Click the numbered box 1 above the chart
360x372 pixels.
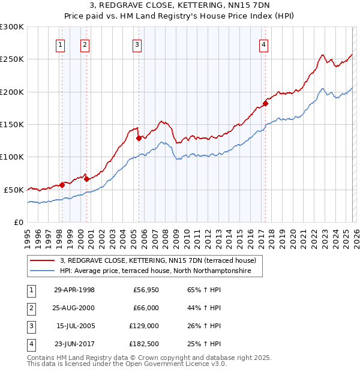(x=61, y=44)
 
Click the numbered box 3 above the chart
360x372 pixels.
(x=137, y=44)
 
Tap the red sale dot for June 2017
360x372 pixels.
(x=265, y=103)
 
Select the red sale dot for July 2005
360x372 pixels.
(x=139, y=138)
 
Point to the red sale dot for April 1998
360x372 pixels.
(x=62, y=185)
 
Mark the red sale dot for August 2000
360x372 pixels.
(x=86, y=179)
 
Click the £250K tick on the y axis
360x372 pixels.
(x=12, y=59)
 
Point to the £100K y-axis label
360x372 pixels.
(x=12, y=157)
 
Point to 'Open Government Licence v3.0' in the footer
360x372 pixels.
(x=174, y=364)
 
